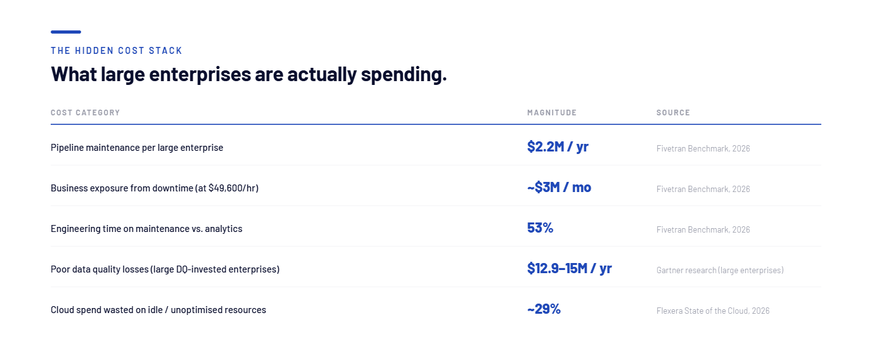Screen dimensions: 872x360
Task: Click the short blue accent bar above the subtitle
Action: (x=66, y=32)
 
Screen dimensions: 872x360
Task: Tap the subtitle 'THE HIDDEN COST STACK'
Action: (x=117, y=51)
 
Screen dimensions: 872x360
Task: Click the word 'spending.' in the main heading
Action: (x=404, y=74)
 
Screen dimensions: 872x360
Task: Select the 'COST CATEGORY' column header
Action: (x=86, y=112)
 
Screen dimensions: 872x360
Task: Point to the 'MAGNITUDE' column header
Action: (x=551, y=112)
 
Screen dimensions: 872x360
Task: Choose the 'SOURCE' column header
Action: (x=673, y=112)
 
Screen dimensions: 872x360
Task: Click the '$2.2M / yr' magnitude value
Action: (x=558, y=146)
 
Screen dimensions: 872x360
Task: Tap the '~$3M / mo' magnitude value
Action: (x=559, y=187)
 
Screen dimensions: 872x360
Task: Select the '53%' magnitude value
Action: (x=540, y=228)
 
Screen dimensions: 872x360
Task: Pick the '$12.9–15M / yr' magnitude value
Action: (x=569, y=268)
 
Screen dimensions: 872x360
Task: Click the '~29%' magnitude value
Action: (x=544, y=309)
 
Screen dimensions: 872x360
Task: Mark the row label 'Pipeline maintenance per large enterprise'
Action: (x=137, y=148)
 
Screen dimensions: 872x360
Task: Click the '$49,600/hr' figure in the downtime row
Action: (x=233, y=188)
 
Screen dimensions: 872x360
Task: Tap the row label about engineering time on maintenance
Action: (x=146, y=228)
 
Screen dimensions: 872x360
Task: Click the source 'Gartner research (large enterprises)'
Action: (x=720, y=270)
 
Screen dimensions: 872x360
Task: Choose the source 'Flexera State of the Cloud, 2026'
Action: (x=713, y=311)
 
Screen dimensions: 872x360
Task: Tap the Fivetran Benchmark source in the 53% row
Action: (x=703, y=229)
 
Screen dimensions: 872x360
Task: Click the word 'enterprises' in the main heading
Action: (x=200, y=74)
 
